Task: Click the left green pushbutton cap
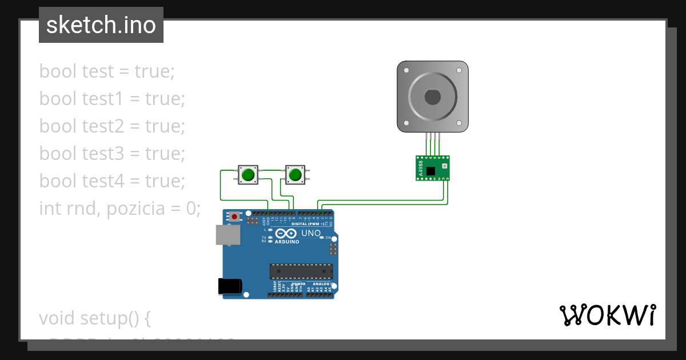pyautogui.click(x=248, y=174)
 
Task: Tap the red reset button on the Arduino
pyautogui.click(x=234, y=217)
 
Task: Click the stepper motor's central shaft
pyautogui.click(x=433, y=97)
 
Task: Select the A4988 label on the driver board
pyautogui.click(x=421, y=168)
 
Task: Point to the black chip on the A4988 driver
pyautogui.click(x=430, y=170)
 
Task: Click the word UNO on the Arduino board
pyautogui.click(x=311, y=234)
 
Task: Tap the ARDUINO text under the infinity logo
pyautogui.click(x=287, y=242)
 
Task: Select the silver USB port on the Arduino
pyautogui.click(x=228, y=235)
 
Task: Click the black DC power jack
pyautogui.click(x=230, y=286)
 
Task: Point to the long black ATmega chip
pyautogui.click(x=301, y=271)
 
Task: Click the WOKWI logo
pyautogui.click(x=607, y=315)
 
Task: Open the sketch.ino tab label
pyautogui.click(x=101, y=25)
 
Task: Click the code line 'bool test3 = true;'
pyautogui.click(x=112, y=153)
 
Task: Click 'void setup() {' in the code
pyautogui.click(x=94, y=318)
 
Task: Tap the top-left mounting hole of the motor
pyautogui.click(x=406, y=71)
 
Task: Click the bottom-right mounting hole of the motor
pyautogui.click(x=460, y=123)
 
